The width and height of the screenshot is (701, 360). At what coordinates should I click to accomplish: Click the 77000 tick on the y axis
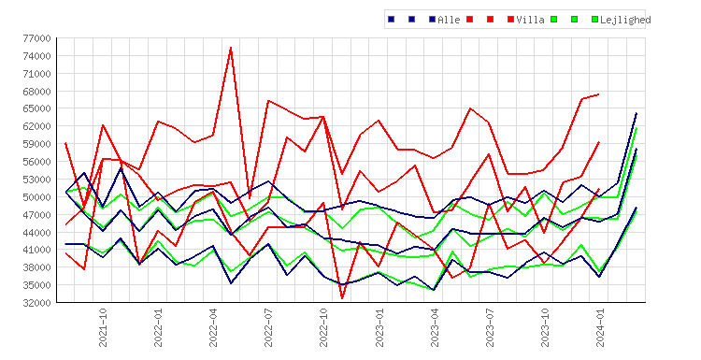pyautogui.click(x=37, y=38)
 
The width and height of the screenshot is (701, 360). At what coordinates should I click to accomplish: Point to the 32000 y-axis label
pyautogui.click(x=37, y=303)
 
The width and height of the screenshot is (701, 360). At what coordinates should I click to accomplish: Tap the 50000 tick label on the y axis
pyautogui.click(x=37, y=197)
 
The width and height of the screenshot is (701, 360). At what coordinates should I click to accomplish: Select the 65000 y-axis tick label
pyautogui.click(x=37, y=108)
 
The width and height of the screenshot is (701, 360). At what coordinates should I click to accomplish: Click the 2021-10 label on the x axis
pyautogui.click(x=103, y=327)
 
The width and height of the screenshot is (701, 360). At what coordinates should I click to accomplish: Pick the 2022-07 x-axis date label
pyautogui.click(x=268, y=327)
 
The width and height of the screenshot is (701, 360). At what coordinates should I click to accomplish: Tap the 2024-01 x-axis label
pyautogui.click(x=600, y=327)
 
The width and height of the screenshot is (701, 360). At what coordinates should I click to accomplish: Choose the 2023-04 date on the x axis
pyautogui.click(x=435, y=327)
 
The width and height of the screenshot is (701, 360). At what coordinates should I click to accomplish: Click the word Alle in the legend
pyautogui.click(x=449, y=20)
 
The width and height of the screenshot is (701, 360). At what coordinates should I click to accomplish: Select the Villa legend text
pyautogui.click(x=530, y=20)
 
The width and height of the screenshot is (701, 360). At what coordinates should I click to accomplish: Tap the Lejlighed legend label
pyautogui.click(x=625, y=20)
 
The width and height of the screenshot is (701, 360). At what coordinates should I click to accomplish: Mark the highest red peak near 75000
pyautogui.click(x=231, y=48)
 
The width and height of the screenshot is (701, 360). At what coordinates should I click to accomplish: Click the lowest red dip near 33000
pyautogui.click(x=342, y=298)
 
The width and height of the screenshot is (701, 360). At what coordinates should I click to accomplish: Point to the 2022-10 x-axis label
pyautogui.click(x=323, y=327)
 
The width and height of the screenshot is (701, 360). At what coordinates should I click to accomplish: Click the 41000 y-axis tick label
pyautogui.click(x=37, y=250)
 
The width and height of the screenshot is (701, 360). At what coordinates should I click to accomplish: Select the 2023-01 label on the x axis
pyautogui.click(x=379, y=327)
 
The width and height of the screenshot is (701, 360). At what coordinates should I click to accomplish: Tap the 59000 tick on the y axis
pyautogui.click(x=37, y=144)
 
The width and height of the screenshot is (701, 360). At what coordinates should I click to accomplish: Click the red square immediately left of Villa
pyautogui.click(x=510, y=20)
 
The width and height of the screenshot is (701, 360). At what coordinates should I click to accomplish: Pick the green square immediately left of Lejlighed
pyautogui.click(x=595, y=20)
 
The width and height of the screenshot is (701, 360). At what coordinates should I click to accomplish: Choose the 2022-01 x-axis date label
pyautogui.click(x=158, y=327)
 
